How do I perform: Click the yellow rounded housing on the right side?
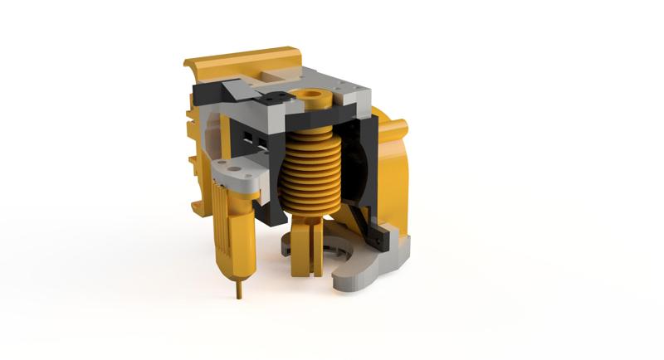[398, 166]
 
